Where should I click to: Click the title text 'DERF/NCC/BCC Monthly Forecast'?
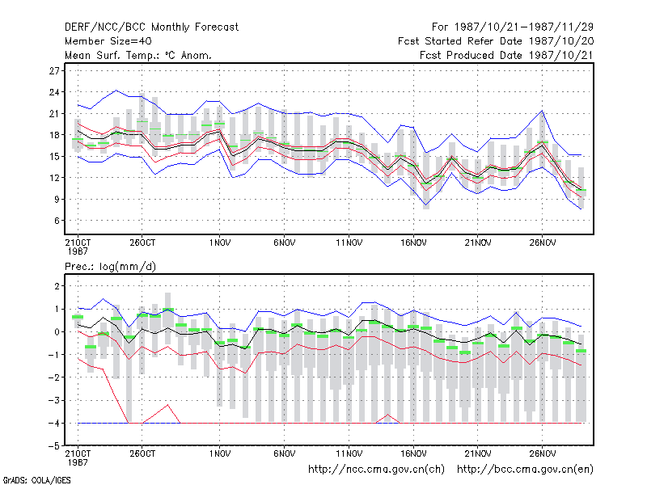click(x=151, y=27)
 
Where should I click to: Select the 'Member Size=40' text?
click(x=108, y=41)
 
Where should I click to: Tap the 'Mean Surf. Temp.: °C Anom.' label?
click(x=138, y=55)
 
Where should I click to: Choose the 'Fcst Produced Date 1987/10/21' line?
click(x=506, y=55)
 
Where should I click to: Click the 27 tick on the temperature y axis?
click(x=54, y=71)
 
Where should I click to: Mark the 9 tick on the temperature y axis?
click(x=57, y=199)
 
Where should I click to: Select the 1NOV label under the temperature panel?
click(x=219, y=243)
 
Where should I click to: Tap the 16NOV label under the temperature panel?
click(x=413, y=243)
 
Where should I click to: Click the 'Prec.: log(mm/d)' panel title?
click(x=110, y=267)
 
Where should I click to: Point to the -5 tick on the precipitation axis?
click(x=54, y=446)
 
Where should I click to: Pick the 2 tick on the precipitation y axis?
click(x=57, y=286)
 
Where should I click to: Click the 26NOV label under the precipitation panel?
click(x=543, y=453)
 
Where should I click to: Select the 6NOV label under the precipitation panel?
click(x=285, y=453)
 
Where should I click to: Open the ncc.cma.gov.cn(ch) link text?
click(x=376, y=470)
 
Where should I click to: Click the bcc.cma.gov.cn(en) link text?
click(x=525, y=470)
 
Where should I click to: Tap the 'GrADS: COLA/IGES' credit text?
click(x=36, y=480)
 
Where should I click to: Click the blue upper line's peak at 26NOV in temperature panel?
click(x=542, y=111)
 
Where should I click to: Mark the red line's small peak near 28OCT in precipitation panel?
click(x=167, y=405)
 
